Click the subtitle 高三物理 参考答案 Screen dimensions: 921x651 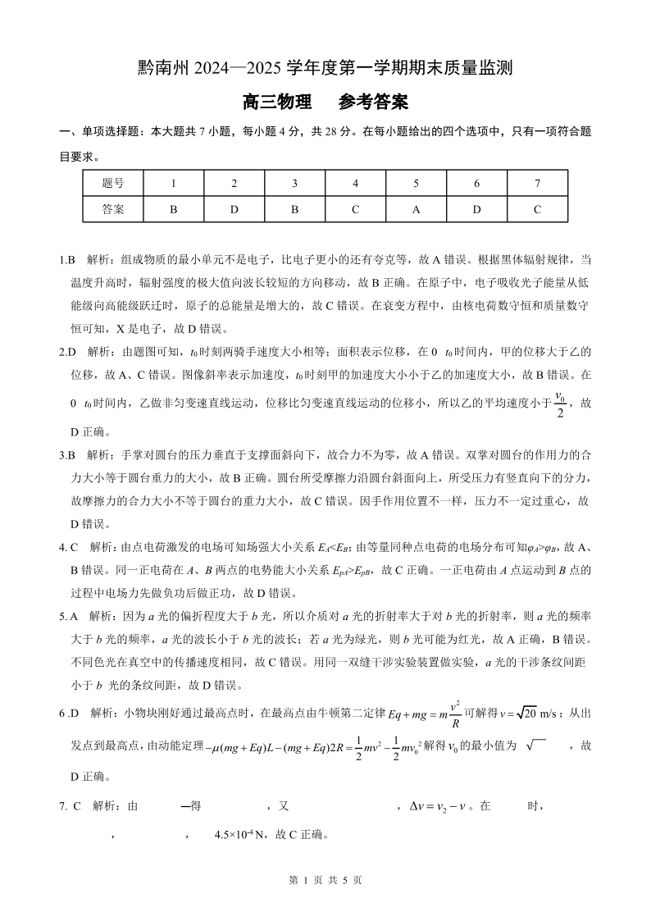click(325, 103)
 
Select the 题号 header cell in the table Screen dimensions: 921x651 click(113, 184)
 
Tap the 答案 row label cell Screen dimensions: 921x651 click(113, 209)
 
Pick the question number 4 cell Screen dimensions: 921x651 click(355, 184)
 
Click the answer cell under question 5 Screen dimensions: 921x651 click(416, 209)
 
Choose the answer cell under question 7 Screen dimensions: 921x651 click(537, 209)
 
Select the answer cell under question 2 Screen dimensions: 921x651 click(234, 209)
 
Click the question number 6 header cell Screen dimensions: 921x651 click(476, 184)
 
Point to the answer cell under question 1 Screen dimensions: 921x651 click(173, 209)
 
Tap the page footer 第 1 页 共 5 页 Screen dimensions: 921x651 click(325, 879)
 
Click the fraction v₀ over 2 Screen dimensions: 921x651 click(560, 404)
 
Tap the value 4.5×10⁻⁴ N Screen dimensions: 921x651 click(240, 836)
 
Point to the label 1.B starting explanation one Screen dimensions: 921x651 click(67, 260)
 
